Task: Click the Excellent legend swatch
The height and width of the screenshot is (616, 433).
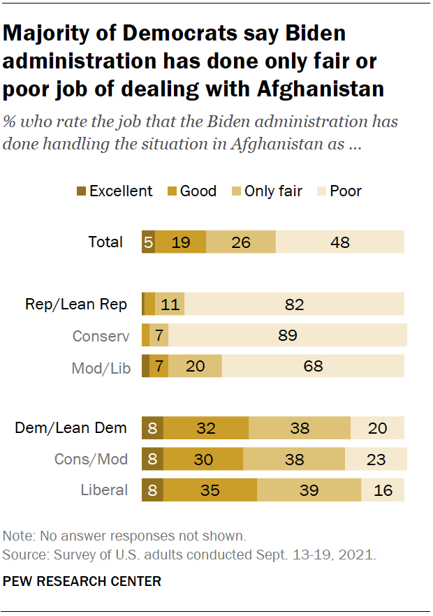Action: coord(80,191)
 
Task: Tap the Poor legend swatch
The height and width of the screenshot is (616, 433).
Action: coord(323,191)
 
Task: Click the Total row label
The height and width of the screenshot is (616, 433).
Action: coord(105,242)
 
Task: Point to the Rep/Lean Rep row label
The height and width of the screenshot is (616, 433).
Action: coord(76,305)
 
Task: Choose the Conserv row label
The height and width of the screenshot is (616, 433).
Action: coord(101,336)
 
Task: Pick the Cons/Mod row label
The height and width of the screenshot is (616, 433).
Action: coord(91,459)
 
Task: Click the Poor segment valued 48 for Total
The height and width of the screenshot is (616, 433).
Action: coord(340,242)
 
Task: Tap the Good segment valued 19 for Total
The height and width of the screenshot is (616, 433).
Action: coord(181,242)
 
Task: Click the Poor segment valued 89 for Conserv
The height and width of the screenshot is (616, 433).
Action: coord(288,336)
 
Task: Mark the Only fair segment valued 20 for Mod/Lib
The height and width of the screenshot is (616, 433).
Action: coord(196,366)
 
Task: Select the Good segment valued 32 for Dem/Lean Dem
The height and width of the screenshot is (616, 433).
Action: coord(206,428)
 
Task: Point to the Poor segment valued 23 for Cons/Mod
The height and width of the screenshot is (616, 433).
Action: coord(376,459)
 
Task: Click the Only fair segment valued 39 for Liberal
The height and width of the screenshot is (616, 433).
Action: coord(309,490)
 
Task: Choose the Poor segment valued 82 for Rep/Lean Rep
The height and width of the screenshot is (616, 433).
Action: coord(294,305)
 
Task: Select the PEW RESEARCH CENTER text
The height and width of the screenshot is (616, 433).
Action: coord(82,581)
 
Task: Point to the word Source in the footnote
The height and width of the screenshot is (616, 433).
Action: coord(22,556)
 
